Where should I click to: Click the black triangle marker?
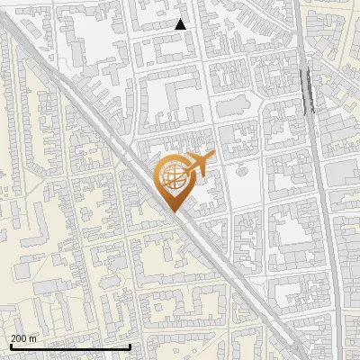pos(180,24)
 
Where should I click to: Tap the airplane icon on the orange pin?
pos(198,165)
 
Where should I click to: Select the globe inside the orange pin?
pos(173,177)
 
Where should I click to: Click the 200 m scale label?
pos(24,338)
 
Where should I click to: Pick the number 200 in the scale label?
pos(20,338)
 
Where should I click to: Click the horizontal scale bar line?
pos(70,346)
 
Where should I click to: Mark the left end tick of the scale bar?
pos(11,346)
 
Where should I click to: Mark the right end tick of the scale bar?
pos(130,346)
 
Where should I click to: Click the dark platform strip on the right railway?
pos(309,90)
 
